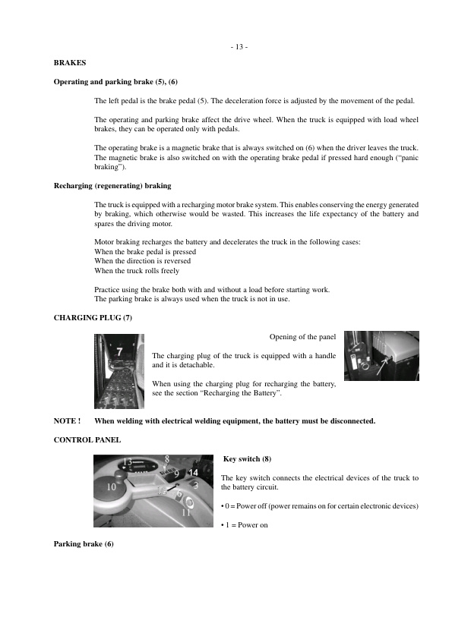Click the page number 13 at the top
239,47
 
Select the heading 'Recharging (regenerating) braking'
112,185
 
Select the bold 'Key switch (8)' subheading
247,460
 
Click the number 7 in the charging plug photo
120,351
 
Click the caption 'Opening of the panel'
302,337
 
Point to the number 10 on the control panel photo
111,488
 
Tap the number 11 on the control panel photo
186,512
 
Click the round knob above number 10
113,471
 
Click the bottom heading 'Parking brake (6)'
84,544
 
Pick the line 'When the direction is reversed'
142,261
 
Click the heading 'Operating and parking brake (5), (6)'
116,81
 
